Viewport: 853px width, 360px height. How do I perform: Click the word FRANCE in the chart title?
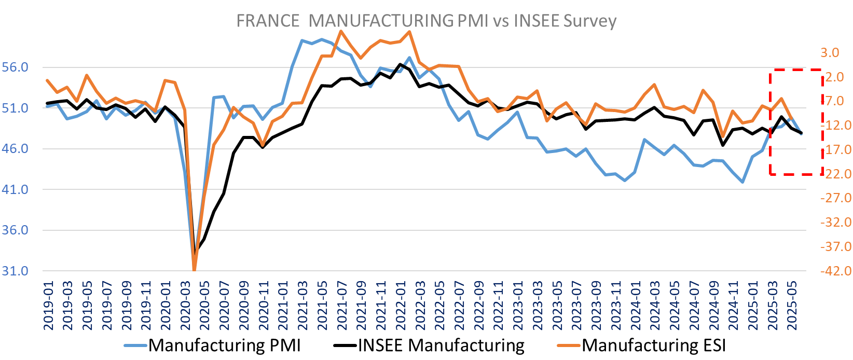point(268,21)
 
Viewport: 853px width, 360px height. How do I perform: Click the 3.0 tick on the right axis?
point(830,52)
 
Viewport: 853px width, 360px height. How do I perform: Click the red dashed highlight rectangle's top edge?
point(796,69)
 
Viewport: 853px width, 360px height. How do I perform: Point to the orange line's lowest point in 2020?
point(195,270)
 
